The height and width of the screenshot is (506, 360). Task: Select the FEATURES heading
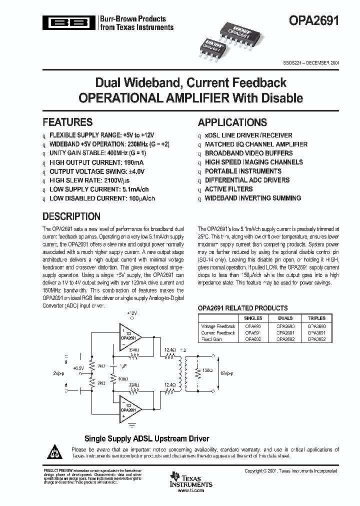pyautogui.click(x=67, y=122)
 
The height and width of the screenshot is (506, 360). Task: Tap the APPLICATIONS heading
pyautogui.click(x=232, y=122)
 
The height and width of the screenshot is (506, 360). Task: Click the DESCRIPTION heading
pyautogui.click(x=71, y=216)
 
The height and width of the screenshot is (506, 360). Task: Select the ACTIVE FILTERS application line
pyautogui.click(x=228, y=189)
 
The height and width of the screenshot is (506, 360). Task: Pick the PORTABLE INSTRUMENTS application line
pyautogui.click(x=243, y=171)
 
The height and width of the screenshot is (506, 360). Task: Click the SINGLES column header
pyautogui.click(x=253, y=318)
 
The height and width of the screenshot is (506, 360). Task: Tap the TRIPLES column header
pyautogui.click(x=316, y=318)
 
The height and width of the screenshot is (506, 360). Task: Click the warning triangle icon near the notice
pyautogui.click(x=55, y=451)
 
